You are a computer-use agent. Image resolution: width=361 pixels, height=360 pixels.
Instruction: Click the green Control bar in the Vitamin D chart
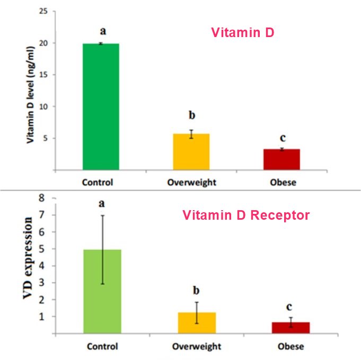101,106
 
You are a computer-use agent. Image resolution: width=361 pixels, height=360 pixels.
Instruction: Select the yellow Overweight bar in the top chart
191,152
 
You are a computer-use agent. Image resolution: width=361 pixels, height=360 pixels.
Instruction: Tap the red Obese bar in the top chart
282,159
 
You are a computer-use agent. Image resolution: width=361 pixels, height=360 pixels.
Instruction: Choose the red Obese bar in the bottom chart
292,328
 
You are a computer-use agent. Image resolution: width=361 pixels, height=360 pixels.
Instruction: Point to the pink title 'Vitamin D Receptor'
246,215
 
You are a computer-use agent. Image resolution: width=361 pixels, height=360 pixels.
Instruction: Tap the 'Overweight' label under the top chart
191,183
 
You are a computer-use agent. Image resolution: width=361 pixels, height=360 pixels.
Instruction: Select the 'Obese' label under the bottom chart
291,347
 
